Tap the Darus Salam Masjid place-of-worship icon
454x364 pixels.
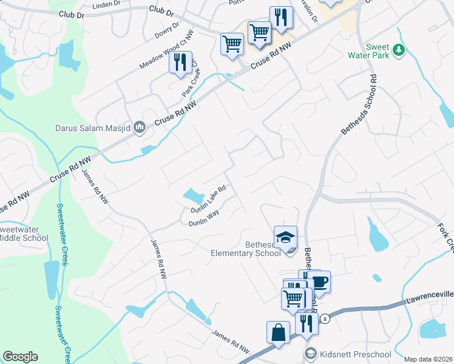(139, 127)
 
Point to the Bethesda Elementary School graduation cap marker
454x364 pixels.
(285, 237)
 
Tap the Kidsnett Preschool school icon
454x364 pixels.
(311, 354)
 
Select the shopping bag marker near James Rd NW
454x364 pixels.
(278, 332)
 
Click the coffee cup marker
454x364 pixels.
(319, 282)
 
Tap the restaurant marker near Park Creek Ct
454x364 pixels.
(180, 62)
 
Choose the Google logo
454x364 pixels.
(20, 357)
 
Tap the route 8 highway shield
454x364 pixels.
(325, 319)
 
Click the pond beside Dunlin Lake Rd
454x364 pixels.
(193, 195)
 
